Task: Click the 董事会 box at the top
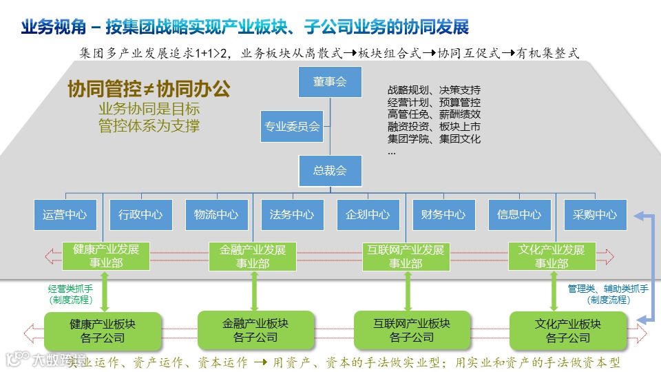pyautogui.click(x=329, y=81)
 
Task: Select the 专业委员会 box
pyautogui.click(x=292, y=126)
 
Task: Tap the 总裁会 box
pyautogui.click(x=329, y=170)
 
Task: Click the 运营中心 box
pyautogui.click(x=65, y=214)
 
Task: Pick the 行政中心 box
pyautogui.click(x=140, y=214)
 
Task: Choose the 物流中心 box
pyautogui.click(x=216, y=214)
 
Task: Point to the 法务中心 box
pyautogui.click(x=292, y=214)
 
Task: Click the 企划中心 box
pyautogui.click(x=368, y=214)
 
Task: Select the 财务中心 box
pyautogui.click(x=443, y=214)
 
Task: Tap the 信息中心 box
pyautogui.click(x=519, y=214)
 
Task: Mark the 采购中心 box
pyautogui.click(x=595, y=214)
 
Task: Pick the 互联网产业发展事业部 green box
pyautogui.click(x=403, y=256)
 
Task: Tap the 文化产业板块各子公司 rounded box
pyautogui.click(x=568, y=331)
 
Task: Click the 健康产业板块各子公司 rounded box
pyautogui.click(x=103, y=331)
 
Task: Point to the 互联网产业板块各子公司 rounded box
pyautogui.click(x=412, y=330)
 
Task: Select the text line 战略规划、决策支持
pyautogui.click(x=434, y=90)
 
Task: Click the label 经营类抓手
pyautogui.click(x=70, y=290)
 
